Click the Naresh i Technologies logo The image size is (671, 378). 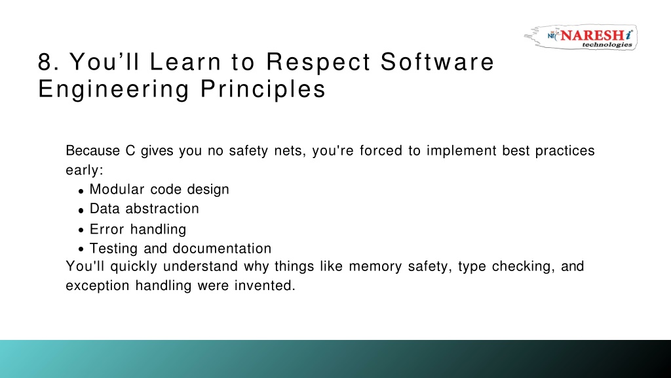[581, 37]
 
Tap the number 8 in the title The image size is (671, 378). [45, 62]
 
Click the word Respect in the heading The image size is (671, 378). [318, 62]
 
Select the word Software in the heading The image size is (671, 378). [437, 62]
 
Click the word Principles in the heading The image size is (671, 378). [263, 90]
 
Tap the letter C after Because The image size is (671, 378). [130, 151]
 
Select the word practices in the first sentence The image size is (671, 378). [565, 152]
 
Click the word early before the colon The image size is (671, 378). [83, 171]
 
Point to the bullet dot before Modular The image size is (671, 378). [81, 191]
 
